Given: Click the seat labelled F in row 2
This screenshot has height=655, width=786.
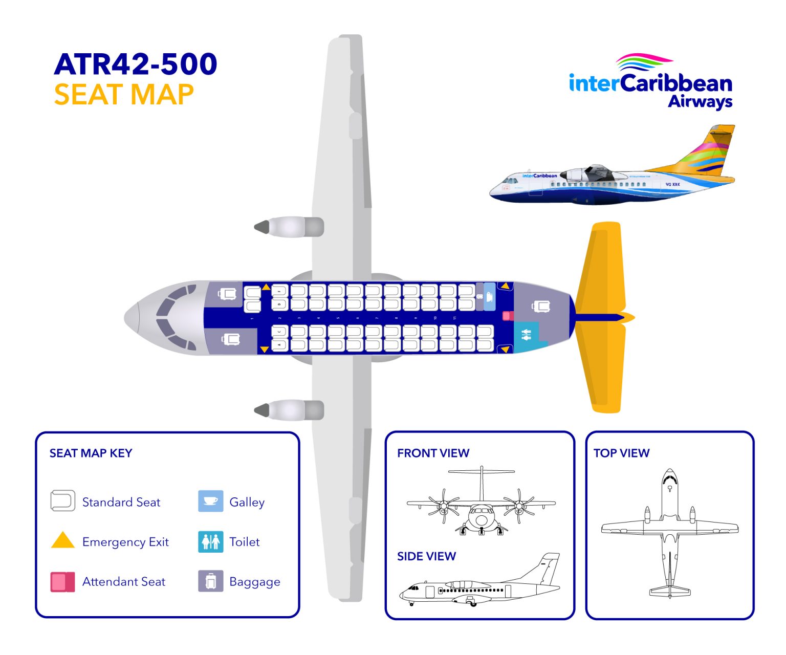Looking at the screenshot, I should (279, 291).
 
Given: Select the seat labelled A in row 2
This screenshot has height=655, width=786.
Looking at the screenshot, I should (279, 345).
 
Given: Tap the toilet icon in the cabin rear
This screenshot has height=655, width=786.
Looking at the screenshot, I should (526, 336).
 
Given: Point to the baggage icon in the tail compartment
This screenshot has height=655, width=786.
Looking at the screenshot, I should (540, 307).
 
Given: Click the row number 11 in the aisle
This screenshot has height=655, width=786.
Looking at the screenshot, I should (454, 318).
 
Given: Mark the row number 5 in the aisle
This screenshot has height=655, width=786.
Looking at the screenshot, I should (338, 318).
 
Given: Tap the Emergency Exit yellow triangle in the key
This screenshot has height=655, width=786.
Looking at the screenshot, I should (63, 541).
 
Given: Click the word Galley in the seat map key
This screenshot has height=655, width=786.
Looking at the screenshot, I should (247, 502).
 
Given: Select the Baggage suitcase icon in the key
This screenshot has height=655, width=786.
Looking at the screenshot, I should (210, 581).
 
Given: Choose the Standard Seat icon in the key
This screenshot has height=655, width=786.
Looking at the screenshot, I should (62, 500).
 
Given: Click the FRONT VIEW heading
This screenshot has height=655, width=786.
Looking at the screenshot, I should (433, 453).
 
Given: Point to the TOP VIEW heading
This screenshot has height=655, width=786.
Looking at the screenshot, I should (621, 453).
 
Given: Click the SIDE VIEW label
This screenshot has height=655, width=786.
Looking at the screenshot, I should (426, 556).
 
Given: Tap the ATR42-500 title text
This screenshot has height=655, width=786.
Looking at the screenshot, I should (136, 64).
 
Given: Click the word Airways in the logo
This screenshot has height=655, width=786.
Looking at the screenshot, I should (700, 101).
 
